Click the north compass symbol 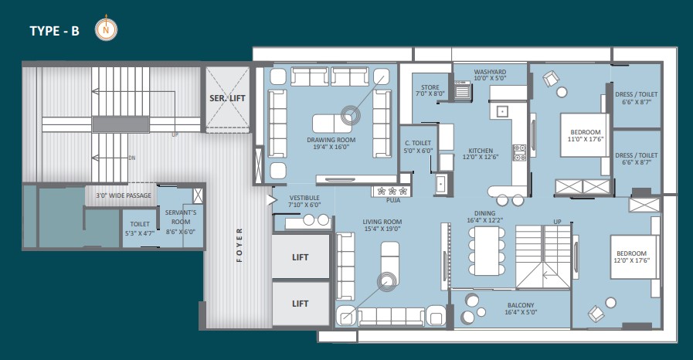pos(106,29)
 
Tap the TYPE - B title pos(54,31)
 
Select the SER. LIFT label pos(227,99)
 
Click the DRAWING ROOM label pos(331,143)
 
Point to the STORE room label pos(430,90)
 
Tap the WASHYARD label pos(490,75)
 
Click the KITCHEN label pos(481,154)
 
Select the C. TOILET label pos(418,147)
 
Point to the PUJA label pos(393,200)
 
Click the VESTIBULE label pos(304,202)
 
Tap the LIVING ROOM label pos(382,226)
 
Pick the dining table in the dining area pos(487,251)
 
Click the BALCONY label pos(521,308)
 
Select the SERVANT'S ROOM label pos(181,222)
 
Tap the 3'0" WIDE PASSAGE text pos(124,195)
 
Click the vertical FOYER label pos(239,245)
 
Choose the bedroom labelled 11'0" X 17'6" pos(586,136)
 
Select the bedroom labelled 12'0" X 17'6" pos(631,256)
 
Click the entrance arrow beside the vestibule pos(271,200)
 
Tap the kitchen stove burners pos(519,152)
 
